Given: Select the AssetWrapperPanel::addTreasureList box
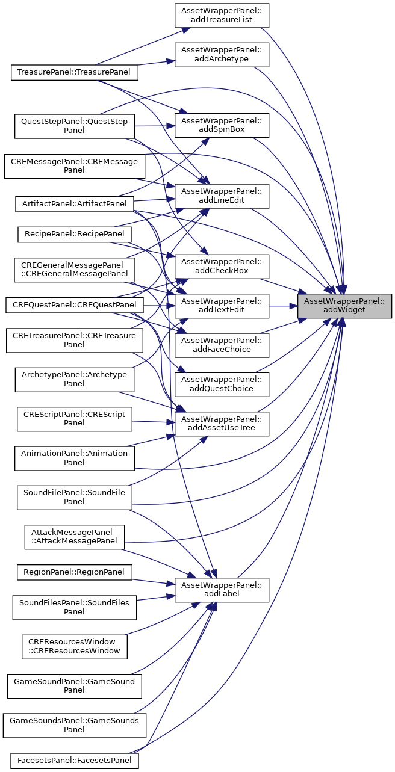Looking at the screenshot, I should (x=222, y=14).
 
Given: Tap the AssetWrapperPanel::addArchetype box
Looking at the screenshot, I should (x=222, y=54).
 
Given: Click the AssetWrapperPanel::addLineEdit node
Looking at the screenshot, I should (x=222, y=195).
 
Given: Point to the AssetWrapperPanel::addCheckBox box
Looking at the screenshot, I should (x=222, y=266).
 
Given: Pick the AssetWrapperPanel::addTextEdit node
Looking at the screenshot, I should (x=222, y=305).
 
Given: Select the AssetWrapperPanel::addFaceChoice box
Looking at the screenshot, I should (x=222, y=344).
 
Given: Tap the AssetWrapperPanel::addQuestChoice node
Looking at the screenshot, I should (x=222, y=384).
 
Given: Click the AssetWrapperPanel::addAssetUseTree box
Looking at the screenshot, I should (x=222, y=423).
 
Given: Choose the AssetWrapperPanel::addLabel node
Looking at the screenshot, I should (x=222, y=589).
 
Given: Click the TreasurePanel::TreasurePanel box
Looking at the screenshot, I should (x=75, y=72).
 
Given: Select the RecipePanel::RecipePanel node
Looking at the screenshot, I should (x=75, y=232).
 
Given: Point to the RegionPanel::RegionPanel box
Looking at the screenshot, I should (x=75, y=572).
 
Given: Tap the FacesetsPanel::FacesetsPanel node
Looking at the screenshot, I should (x=75, y=761).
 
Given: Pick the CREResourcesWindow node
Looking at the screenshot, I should (x=75, y=646).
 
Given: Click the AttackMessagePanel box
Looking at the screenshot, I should (x=75, y=536).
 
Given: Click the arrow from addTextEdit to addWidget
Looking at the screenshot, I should (x=283, y=305).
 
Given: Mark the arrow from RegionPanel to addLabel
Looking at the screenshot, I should (x=153, y=581).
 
